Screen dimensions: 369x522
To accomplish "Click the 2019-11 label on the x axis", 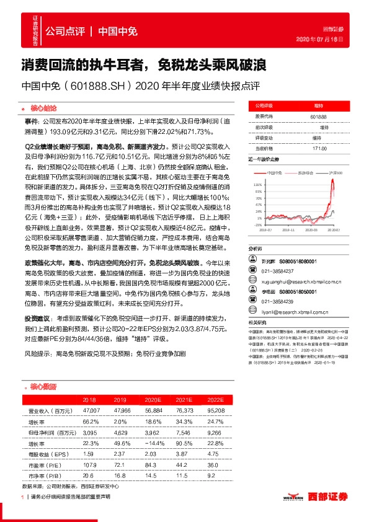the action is [x=289, y=229].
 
